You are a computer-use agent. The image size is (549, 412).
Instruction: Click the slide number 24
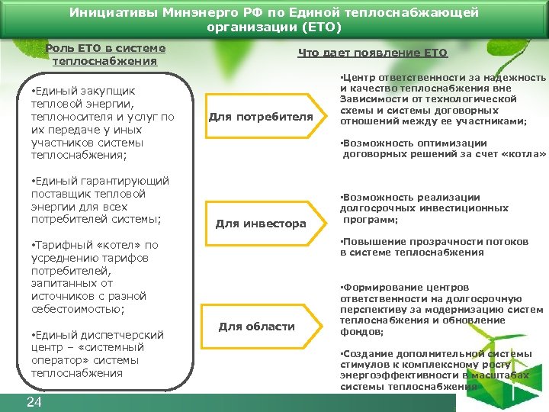tap(34, 402)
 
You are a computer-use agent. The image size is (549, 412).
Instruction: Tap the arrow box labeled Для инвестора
tap(260, 224)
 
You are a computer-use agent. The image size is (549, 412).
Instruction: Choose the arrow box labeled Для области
tap(256, 327)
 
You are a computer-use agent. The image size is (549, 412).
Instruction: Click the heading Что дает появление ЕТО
tap(372, 53)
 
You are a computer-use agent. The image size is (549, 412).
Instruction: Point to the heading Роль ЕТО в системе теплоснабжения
tap(105, 54)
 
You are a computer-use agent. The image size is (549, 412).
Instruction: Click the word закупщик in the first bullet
tap(108, 92)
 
